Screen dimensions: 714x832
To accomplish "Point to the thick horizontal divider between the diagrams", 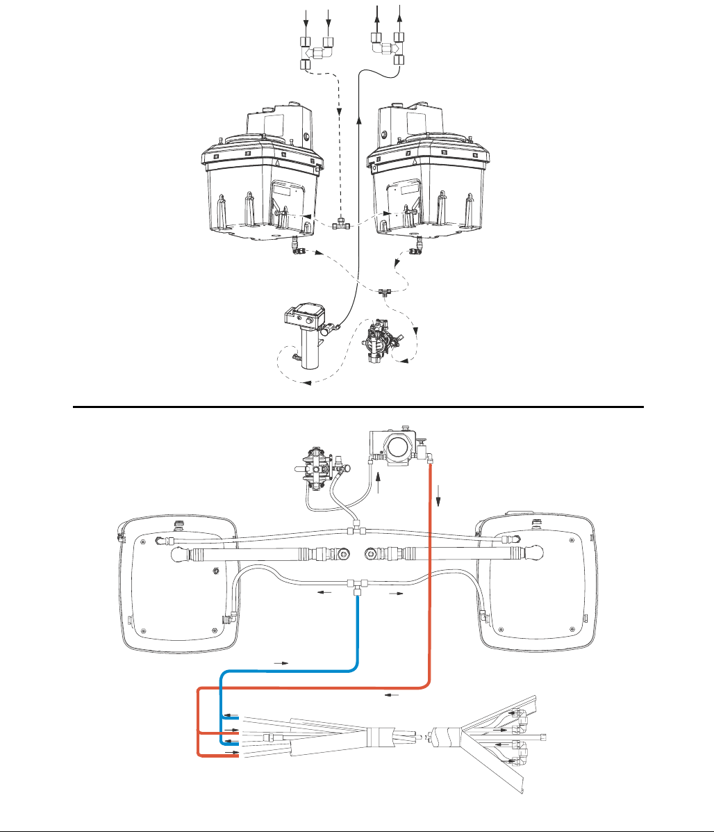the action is pos(358,407).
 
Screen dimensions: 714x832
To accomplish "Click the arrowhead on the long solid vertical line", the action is pos(358,122).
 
